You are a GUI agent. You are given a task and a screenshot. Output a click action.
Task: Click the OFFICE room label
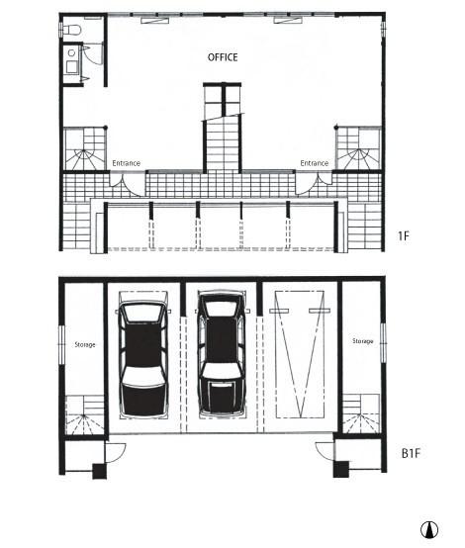pos(223,57)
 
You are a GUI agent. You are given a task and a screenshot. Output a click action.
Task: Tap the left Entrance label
pos(127,163)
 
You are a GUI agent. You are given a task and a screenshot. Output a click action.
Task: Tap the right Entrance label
pos(315,163)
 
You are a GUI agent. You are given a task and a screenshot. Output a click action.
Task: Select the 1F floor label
pos(403,235)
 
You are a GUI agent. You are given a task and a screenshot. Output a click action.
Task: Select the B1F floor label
pos(411,454)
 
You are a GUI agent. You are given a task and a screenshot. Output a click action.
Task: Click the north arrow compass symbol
pos(429,530)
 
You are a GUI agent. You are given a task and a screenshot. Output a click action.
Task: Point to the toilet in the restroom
pos(72,30)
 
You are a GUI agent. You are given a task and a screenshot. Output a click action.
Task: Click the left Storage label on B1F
pos(85,345)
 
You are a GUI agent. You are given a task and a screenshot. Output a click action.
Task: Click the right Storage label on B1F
pos(362,341)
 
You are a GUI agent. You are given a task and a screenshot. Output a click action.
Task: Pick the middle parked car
pos(222,354)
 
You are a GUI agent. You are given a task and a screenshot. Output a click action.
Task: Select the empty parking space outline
pos(300,354)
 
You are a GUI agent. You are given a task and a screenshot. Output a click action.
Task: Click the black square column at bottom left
pos(99,471)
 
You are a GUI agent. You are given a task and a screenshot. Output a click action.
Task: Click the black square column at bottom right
pos(341,469)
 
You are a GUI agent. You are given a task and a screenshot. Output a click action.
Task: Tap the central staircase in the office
pos(223,128)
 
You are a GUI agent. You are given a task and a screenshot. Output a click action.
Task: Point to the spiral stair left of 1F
pos(85,149)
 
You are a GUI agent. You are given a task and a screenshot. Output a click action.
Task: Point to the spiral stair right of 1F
pos(358,149)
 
